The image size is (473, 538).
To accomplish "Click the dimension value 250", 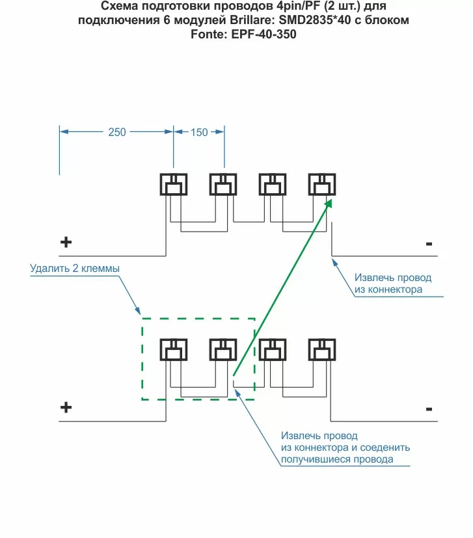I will click(x=117, y=132).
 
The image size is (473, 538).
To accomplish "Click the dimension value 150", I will click(x=199, y=132).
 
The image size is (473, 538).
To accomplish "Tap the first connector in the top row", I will click(x=174, y=185).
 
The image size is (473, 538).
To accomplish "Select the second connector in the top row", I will click(x=223, y=185).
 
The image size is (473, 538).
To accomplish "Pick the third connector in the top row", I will click(x=273, y=185).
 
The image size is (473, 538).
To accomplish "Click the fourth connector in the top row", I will click(x=322, y=185).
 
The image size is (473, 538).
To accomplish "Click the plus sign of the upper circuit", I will click(x=66, y=243).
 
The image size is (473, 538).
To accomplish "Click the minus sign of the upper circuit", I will click(x=429, y=244).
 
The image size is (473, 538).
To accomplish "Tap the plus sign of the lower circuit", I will click(x=66, y=408).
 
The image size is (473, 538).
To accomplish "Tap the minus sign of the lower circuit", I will click(x=429, y=409).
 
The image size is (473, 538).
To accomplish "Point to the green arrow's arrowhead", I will click(x=329, y=204).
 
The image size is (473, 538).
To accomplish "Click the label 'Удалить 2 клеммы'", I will click(x=75, y=268).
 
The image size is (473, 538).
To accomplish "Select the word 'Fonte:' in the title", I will click(x=208, y=34).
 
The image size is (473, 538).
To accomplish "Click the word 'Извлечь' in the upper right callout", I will click(x=372, y=278).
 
